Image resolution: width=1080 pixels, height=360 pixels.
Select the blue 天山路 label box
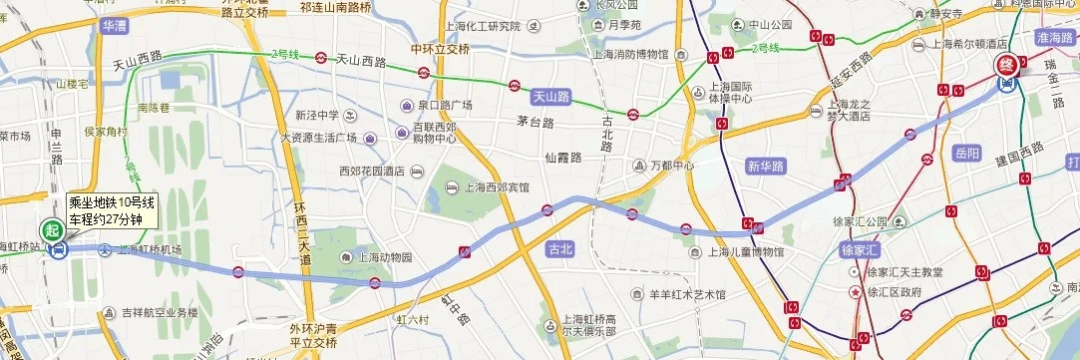550,97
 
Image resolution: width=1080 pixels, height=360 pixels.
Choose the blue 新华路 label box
767,167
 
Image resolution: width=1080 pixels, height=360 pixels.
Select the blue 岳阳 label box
967,154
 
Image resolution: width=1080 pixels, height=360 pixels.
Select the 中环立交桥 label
440,49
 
